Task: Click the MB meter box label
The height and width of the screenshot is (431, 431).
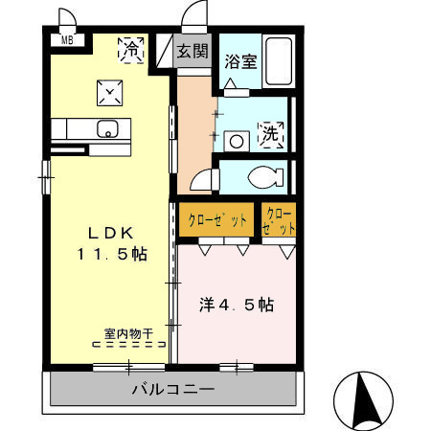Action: [67, 40]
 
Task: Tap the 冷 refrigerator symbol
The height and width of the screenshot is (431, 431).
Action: [133, 49]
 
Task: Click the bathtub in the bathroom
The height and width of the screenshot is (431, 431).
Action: [278, 62]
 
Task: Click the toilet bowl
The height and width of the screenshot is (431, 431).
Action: [263, 177]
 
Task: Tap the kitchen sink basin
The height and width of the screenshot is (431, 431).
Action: [105, 126]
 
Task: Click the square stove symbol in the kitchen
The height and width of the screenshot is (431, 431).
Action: [109, 92]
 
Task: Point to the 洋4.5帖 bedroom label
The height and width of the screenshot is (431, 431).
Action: [236, 306]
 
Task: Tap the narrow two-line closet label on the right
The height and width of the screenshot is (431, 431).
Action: [280, 221]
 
